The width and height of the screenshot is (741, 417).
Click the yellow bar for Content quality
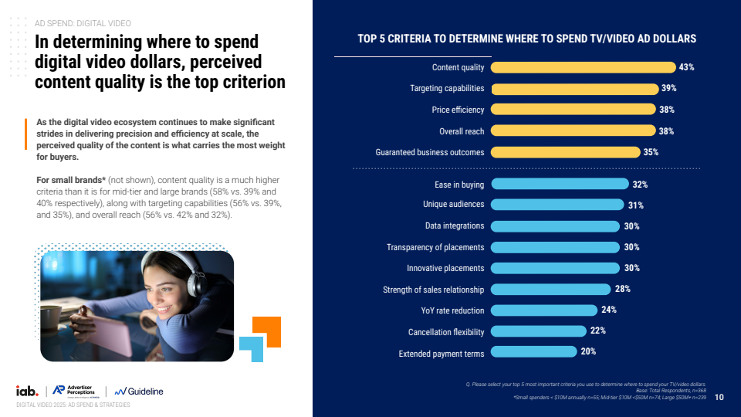[x=584, y=67]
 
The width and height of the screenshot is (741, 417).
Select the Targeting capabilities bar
[x=574, y=88]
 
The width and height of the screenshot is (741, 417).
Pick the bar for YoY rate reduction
[x=544, y=310]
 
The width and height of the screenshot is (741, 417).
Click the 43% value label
[x=687, y=67]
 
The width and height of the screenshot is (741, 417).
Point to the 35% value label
[x=651, y=152]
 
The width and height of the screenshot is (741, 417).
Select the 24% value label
[x=608, y=310]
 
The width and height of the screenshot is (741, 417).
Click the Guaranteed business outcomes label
[x=430, y=152]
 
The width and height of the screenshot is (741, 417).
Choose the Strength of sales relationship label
[x=434, y=290]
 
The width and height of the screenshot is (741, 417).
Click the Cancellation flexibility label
[x=446, y=332]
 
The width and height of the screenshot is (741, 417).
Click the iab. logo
[x=27, y=391]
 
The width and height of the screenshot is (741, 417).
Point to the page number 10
[x=719, y=398]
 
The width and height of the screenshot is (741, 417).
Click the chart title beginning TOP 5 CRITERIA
[x=526, y=38]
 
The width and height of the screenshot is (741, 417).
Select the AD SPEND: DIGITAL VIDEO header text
[x=83, y=24]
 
